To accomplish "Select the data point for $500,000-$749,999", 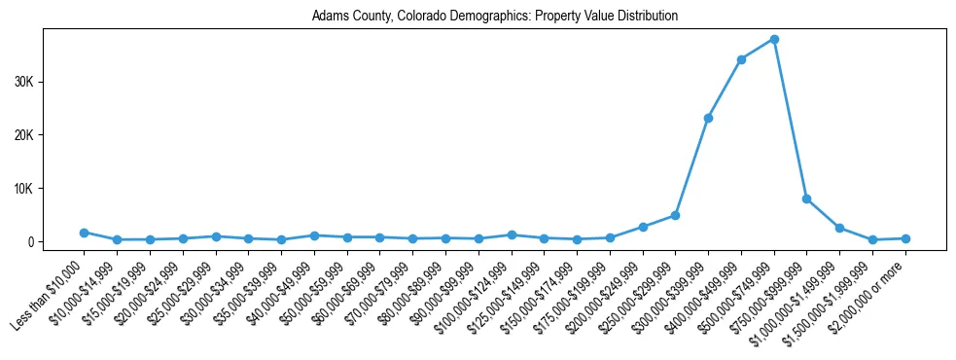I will coord(774,39).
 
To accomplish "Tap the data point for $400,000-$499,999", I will coord(741,59).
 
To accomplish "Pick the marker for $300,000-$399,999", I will coord(708,118).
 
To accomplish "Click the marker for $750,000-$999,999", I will coord(807,198).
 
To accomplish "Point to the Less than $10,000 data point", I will coord(85,233).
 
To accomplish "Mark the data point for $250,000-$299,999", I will coord(675,215).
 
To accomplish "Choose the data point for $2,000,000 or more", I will coord(905,238).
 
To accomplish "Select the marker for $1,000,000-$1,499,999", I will coord(839,228).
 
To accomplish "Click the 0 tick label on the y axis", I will coord(30,241).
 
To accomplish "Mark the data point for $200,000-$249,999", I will coord(643,227).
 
